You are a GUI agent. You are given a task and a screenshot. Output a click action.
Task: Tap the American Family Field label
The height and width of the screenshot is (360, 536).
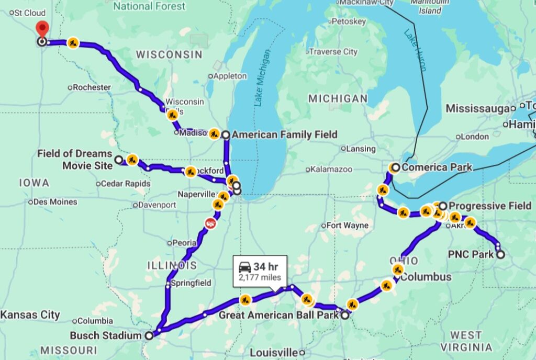284,135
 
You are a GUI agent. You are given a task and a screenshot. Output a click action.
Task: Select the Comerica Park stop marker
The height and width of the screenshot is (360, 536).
395,167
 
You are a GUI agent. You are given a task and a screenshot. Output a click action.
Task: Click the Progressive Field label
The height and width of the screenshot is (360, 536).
489,206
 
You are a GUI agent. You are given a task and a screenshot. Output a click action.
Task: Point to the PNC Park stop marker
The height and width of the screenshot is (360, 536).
500,255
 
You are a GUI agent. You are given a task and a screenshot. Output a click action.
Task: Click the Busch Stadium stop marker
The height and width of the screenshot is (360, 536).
149,335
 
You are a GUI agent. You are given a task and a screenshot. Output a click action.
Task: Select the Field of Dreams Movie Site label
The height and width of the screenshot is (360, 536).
74,160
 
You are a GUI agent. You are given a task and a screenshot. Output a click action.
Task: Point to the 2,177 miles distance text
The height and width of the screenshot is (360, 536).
260,278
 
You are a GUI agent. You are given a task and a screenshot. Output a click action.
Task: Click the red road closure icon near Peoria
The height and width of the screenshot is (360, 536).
210,223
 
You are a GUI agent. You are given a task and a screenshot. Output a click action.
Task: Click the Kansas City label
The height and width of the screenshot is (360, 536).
30,315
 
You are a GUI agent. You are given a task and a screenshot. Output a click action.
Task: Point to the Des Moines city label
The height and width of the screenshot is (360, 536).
55,202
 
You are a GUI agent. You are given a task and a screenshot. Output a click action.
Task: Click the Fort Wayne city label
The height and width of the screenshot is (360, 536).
348,226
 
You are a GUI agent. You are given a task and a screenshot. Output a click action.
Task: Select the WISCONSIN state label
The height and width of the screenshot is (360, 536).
169,54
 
